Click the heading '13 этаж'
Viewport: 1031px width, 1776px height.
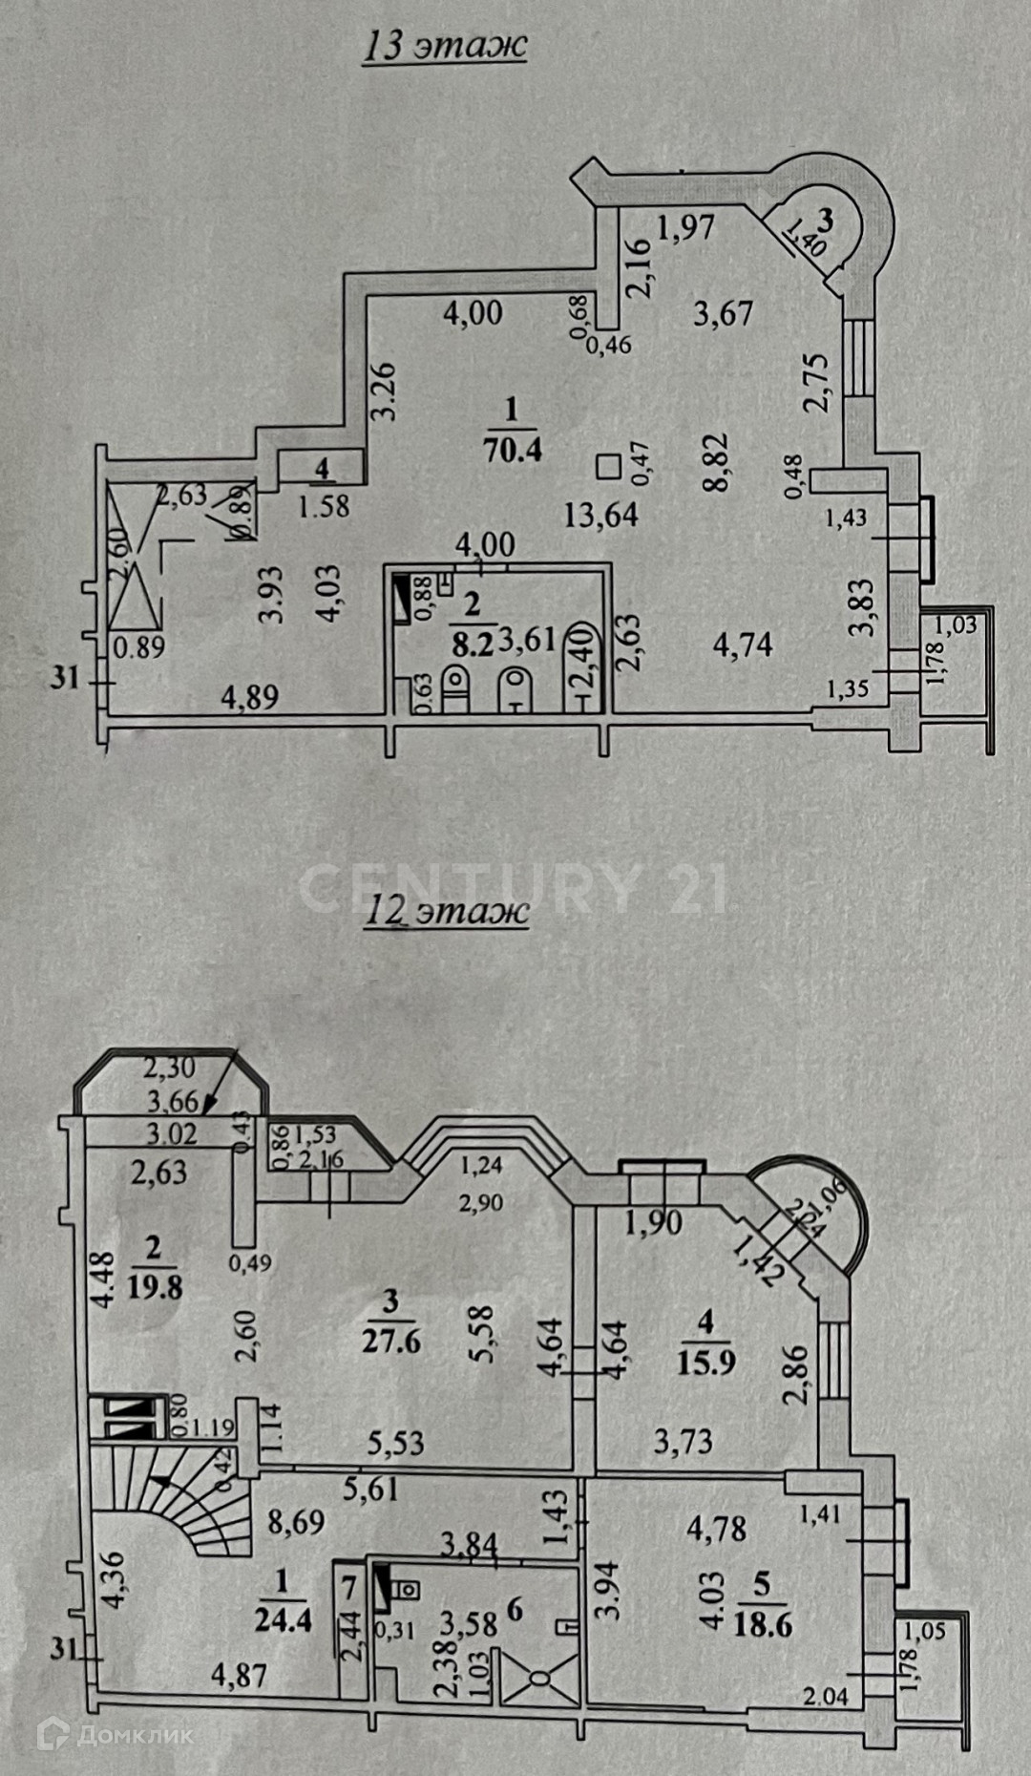(x=444, y=45)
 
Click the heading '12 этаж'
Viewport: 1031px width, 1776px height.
(x=446, y=910)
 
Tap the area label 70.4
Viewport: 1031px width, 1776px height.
(x=513, y=449)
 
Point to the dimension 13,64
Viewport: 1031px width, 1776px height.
(x=600, y=516)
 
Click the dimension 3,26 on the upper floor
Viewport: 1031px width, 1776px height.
(x=383, y=391)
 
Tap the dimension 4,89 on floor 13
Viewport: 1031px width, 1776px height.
(x=250, y=698)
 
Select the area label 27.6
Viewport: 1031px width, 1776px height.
(x=391, y=1341)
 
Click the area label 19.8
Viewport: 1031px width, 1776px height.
(x=155, y=1287)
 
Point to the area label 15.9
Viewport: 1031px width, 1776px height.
(x=705, y=1361)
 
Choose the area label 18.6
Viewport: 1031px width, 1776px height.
(x=763, y=1623)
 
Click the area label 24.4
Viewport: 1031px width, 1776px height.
(x=283, y=1620)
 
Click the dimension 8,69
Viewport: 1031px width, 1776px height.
(x=296, y=1521)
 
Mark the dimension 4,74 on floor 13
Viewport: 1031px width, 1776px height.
(x=743, y=645)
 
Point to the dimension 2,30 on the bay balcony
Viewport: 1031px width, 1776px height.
(x=169, y=1068)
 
